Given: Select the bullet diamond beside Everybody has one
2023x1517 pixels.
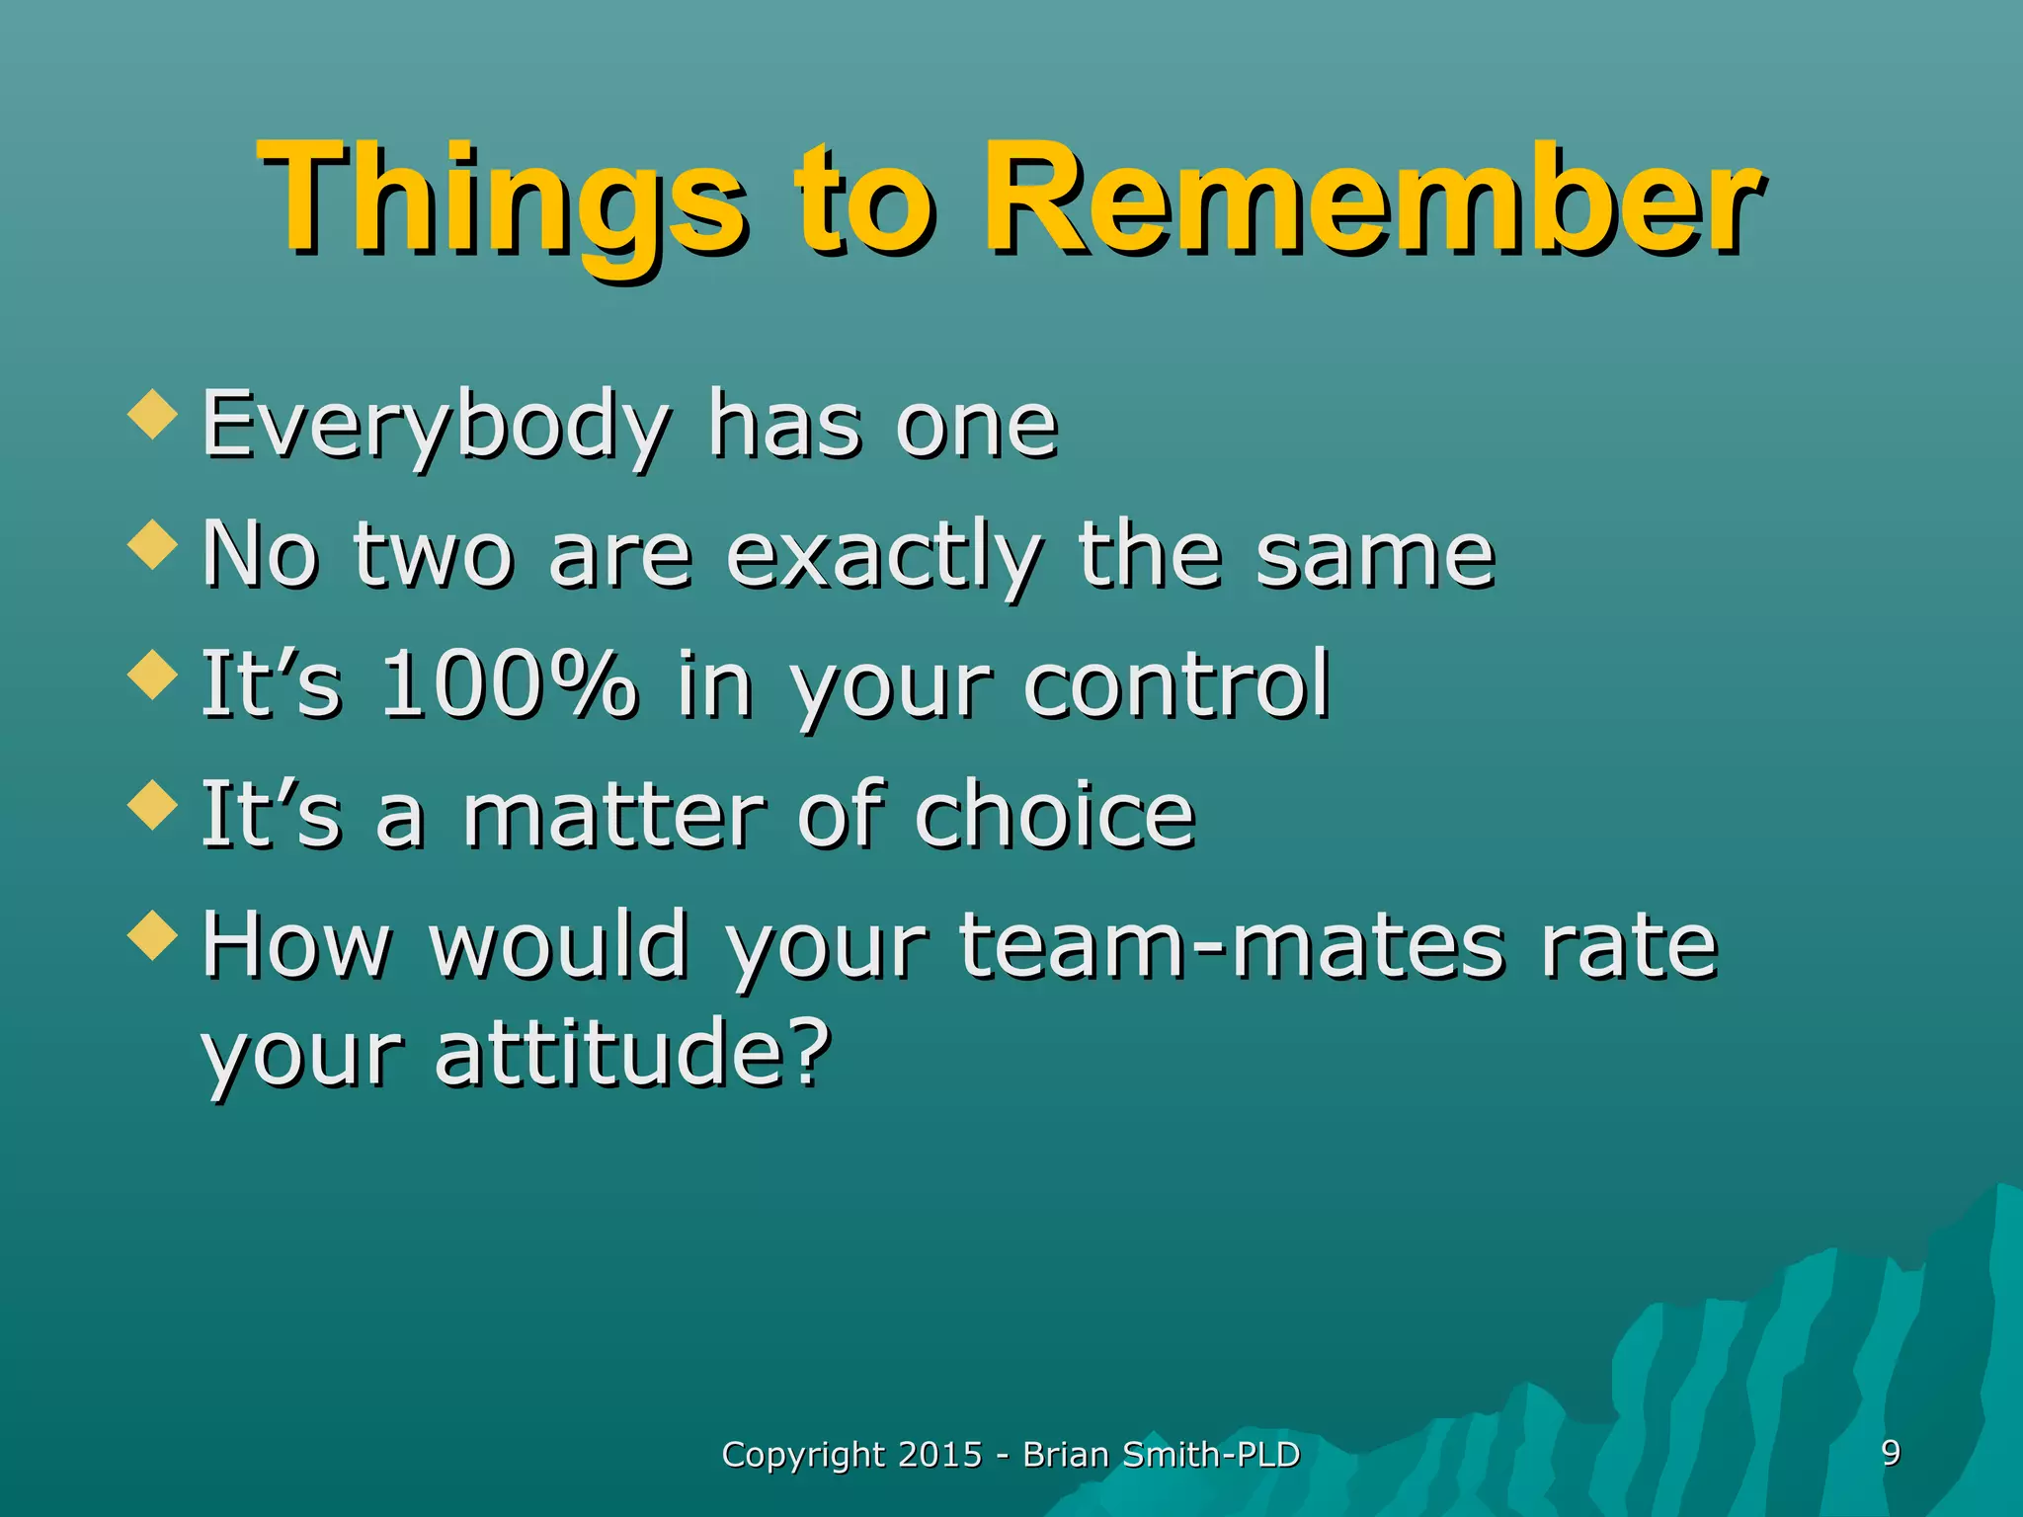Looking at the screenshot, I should click(x=153, y=413).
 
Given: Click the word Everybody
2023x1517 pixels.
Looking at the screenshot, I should click(x=436, y=427).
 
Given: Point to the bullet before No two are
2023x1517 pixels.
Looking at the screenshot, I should click(x=153, y=544).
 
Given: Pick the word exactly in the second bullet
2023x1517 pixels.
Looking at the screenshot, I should click(x=883, y=557).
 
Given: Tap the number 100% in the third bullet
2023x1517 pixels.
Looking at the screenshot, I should click(x=508, y=685).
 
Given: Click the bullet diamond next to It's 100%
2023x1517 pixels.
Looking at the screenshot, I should click(x=153, y=675).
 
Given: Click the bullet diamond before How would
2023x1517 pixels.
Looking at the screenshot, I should click(x=153, y=934).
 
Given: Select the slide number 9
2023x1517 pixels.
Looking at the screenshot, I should click(x=1891, y=1453).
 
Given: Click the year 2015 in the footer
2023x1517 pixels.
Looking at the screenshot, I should click(x=940, y=1455).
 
